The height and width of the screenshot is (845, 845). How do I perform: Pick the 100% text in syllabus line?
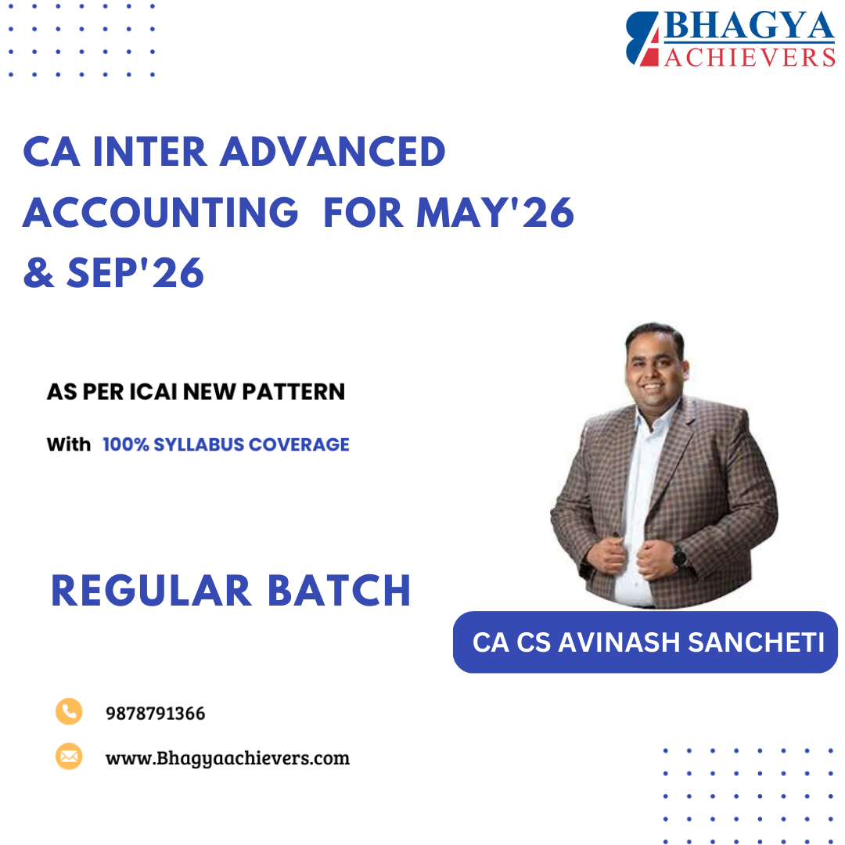125,444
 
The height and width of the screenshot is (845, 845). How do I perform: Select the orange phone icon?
69,711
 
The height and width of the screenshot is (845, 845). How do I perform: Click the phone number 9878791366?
155,714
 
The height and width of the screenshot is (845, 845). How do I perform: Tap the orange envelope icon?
69,757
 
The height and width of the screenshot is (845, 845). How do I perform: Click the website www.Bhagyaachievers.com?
227,758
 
